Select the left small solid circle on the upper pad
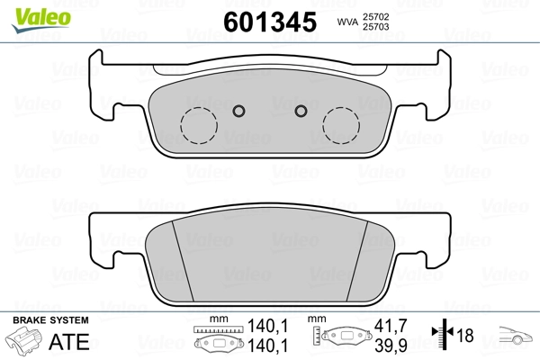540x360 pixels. tap(238, 111)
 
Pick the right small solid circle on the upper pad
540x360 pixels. tap(301, 111)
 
